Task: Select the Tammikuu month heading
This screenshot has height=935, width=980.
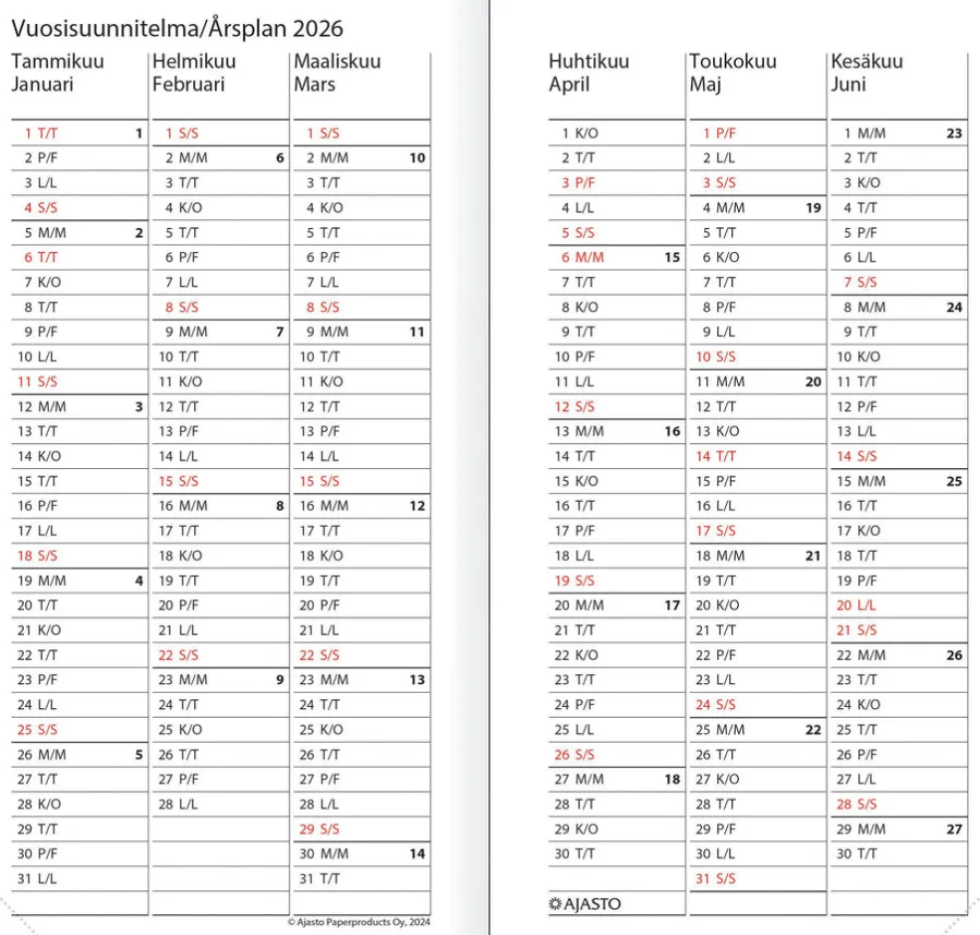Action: click(58, 62)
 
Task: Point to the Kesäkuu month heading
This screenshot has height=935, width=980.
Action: click(866, 62)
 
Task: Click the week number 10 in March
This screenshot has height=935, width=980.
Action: click(417, 157)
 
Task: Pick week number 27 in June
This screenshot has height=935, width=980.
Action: click(954, 828)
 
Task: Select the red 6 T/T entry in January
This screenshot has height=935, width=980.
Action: click(41, 257)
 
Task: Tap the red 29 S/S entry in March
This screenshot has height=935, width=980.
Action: click(320, 828)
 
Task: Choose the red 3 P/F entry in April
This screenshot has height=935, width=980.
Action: click(578, 182)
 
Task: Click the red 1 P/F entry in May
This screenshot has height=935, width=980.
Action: click(719, 132)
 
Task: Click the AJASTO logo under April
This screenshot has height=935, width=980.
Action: click(585, 904)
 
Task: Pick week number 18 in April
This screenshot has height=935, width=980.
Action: click(672, 779)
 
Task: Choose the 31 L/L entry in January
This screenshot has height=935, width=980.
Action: click(39, 878)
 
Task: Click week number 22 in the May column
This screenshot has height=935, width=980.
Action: click(813, 729)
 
